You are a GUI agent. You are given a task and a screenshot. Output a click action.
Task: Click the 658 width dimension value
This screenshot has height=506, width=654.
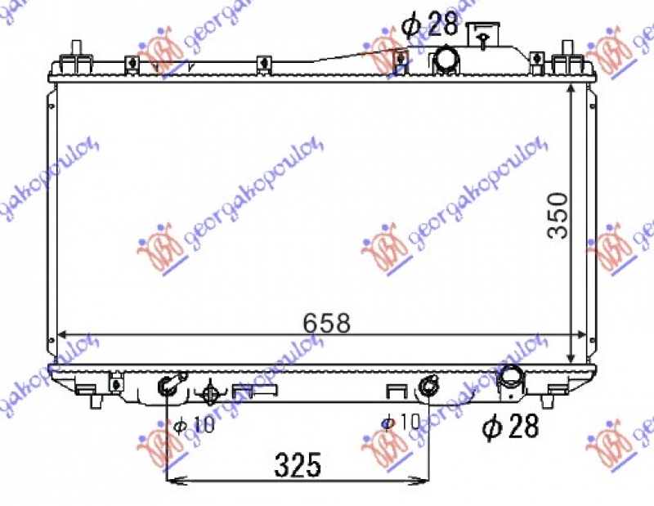tap(327, 322)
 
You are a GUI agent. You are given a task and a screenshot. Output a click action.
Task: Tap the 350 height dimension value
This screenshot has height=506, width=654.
tap(558, 215)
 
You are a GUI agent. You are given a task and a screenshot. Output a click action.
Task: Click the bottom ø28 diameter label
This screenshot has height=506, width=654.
tap(511, 426)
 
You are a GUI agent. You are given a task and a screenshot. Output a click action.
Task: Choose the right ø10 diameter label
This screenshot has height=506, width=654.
tap(401, 423)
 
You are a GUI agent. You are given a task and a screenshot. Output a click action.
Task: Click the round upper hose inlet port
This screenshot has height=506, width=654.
tap(446, 59)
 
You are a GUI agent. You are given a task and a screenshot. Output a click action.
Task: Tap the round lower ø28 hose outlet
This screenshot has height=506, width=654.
tap(512, 378)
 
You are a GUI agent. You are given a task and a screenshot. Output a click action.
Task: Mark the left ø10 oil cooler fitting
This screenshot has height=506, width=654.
tap(168, 385)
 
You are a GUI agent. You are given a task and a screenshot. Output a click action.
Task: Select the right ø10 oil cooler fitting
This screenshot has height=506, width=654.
tap(428, 386)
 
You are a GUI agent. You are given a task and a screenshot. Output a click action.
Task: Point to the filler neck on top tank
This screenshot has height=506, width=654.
tap(486, 34)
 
